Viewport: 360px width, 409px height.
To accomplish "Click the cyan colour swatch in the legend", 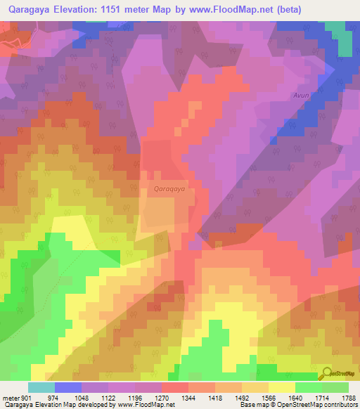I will [x=41, y=387].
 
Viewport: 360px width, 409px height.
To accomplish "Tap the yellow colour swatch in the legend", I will [x=282, y=387].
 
